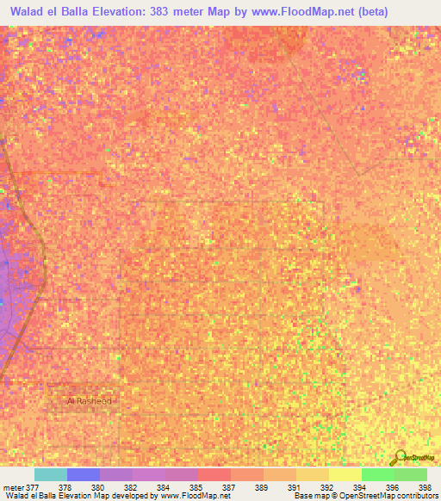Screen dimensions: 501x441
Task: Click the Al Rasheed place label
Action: coord(90,401)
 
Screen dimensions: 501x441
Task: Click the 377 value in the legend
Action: coord(34,486)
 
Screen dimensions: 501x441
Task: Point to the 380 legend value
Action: coord(97,486)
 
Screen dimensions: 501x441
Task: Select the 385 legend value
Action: coord(196,486)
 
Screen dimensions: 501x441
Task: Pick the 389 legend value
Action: coord(261,486)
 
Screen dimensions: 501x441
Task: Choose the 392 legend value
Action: coord(326,486)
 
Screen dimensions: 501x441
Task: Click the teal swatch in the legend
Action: coord(50,474)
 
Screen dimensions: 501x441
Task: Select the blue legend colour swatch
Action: coord(83,474)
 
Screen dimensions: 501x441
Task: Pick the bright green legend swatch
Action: coord(377,474)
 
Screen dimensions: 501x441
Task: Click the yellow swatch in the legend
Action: coord(345,474)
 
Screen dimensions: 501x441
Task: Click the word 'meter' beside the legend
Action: coord(13,486)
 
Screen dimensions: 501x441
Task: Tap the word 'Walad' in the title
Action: coord(28,12)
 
